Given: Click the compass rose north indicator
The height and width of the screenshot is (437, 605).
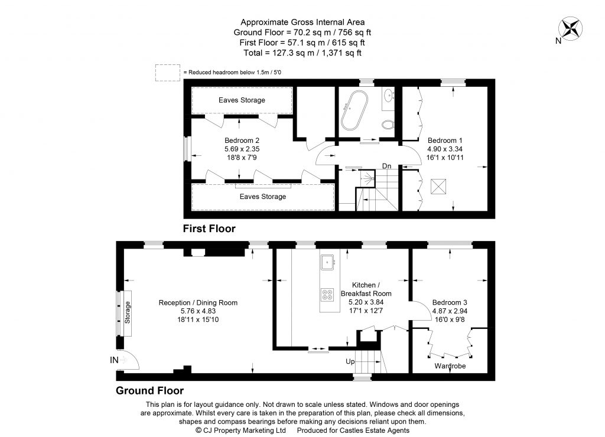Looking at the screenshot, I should point(571,29).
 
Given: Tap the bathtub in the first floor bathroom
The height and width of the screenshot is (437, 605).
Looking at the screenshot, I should point(354,111).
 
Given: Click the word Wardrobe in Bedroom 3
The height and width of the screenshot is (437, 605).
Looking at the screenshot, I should point(450,366).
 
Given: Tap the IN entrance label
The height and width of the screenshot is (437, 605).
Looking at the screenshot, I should point(114,360).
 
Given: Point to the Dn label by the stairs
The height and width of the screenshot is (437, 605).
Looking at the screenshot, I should point(386,166).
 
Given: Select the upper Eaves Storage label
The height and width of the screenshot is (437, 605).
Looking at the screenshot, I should point(242,100).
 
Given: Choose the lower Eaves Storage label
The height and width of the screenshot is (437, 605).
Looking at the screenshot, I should point(262,197).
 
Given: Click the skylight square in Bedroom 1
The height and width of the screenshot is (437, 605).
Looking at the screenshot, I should point(438,186).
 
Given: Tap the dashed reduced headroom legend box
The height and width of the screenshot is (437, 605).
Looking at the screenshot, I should point(167,72).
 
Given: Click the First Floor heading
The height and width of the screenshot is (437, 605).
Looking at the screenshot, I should point(209,229).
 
